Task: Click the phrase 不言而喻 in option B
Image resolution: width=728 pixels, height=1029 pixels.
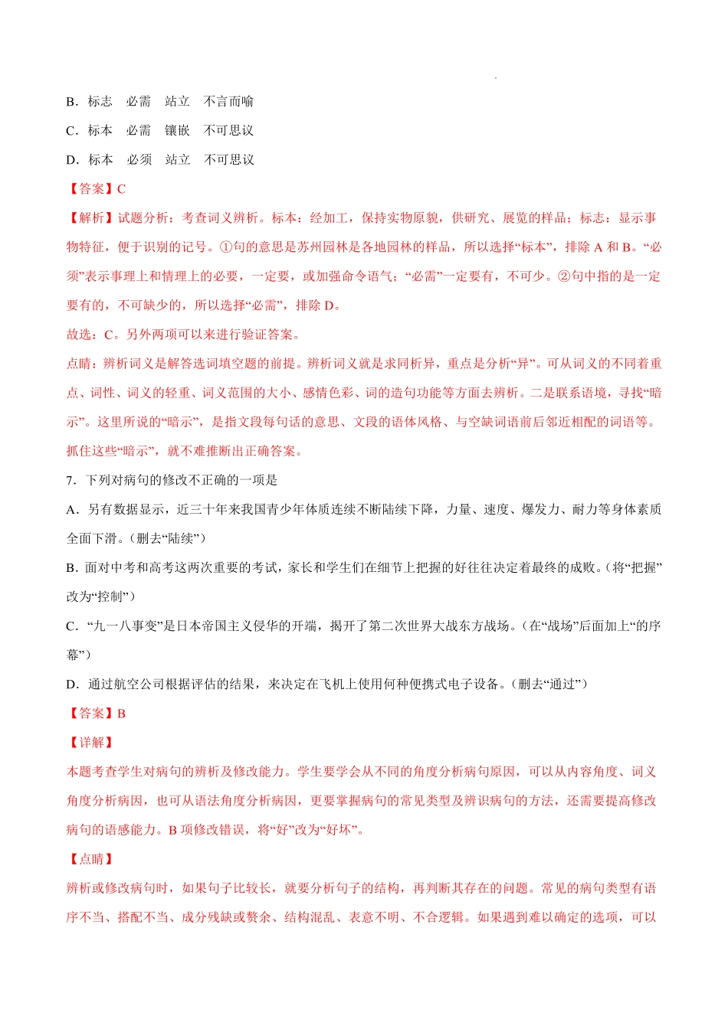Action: click(228, 101)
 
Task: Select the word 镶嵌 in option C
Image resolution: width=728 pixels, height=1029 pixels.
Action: click(177, 130)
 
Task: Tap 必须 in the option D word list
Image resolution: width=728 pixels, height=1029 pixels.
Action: click(139, 159)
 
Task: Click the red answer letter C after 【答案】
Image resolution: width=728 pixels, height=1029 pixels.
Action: click(122, 188)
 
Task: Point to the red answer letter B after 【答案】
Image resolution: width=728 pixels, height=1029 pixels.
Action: click(122, 713)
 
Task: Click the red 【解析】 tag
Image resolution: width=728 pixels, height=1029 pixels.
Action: click(91, 217)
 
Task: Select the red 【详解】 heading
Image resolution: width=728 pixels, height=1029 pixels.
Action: click(91, 742)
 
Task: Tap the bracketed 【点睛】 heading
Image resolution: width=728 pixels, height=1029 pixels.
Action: click(91, 859)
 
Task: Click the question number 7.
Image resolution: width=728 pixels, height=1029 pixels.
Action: click(71, 480)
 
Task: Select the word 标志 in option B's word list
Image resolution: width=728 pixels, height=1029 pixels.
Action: click(100, 101)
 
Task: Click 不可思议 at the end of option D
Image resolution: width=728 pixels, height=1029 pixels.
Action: click(228, 159)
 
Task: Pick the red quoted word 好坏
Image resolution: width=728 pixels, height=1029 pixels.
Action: click(341, 829)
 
